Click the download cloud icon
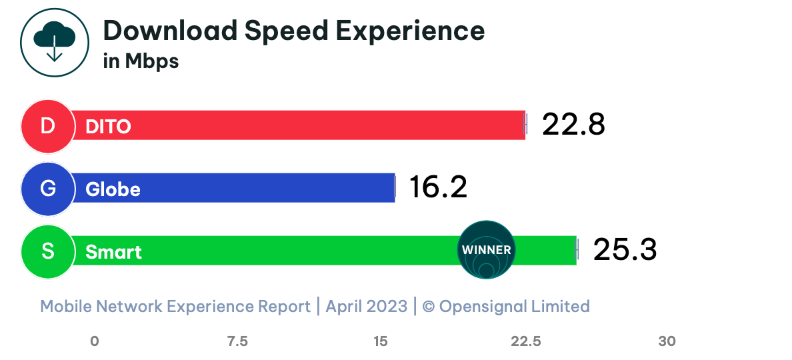pyautogui.click(x=55, y=41)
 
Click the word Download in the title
pyautogui.click(x=169, y=31)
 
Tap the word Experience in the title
pyautogui.click(x=409, y=31)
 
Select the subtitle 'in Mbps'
pyautogui.click(x=141, y=61)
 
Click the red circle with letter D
pyautogui.click(x=47, y=126)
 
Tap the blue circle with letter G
pyautogui.click(x=47, y=189)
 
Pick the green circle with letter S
pyautogui.click(x=47, y=251)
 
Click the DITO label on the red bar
pyautogui.click(x=108, y=127)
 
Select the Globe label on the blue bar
pyautogui.click(x=113, y=190)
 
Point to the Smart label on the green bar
pyautogui.click(x=113, y=253)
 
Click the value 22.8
pyautogui.click(x=573, y=125)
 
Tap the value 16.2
pyautogui.click(x=438, y=187)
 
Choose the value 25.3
pyautogui.click(x=625, y=250)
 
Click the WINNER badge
pyautogui.click(x=487, y=250)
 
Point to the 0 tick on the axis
pyautogui.click(x=95, y=341)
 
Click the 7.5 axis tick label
pyautogui.click(x=237, y=341)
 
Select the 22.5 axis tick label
pyautogui.click(x=525, y=341)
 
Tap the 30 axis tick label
pyautogui.click(x=667, y=341)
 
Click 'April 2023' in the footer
pyautogui.click(x=366, y=306)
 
